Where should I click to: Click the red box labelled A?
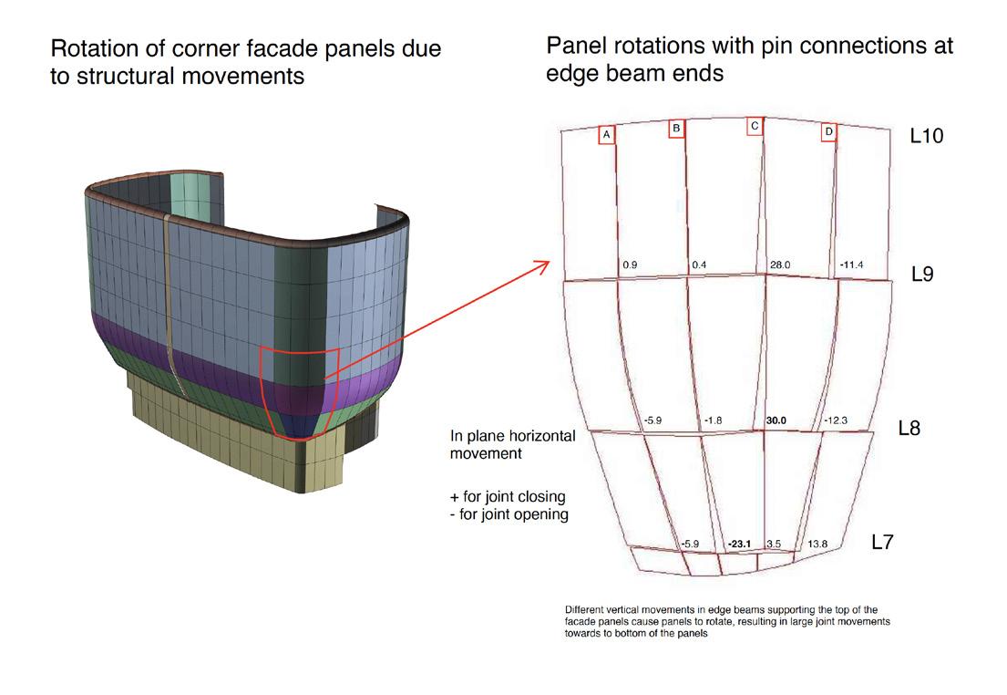[x=607, y=134]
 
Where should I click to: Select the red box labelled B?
[x=676, y=129]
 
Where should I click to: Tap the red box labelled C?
[x=754, y=126]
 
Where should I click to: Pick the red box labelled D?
[x=828, y=132]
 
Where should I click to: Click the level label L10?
[x=926, y=136]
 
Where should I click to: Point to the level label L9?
[x=921, y=273]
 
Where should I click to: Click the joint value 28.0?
[x=780, y=265]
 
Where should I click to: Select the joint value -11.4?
[x=851, y=265]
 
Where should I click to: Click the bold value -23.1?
[x=738, y=545]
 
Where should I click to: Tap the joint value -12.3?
[x=836, y=420]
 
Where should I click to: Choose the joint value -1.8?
[x=714, y=420]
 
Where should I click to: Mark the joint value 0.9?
[x=629, y=265]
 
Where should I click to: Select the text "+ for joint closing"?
[x=509, y=497]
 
